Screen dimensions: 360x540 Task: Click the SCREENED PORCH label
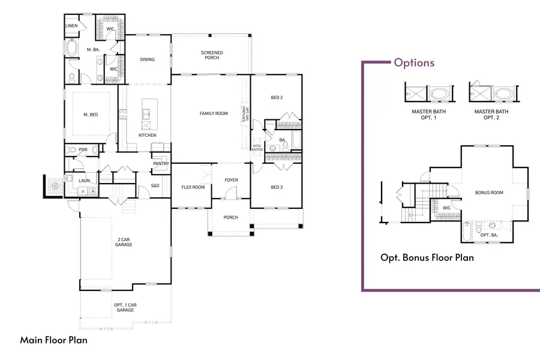(211, 55)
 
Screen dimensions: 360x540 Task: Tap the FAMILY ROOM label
(214, 113)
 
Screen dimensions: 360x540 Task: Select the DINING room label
(147, 59)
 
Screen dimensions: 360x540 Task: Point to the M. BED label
(91, 115)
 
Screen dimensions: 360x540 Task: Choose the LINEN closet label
(71, 26)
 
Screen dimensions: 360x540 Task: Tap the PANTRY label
(160, 163)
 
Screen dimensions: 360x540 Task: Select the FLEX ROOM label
(193, 187)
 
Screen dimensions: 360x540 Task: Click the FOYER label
(231, 180)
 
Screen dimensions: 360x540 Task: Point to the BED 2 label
(277, 97)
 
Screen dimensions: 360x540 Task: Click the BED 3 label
(277, 187)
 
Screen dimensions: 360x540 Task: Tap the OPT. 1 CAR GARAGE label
(124, 307)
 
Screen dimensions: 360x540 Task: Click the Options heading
(414, 62)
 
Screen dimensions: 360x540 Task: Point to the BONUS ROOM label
(489, 193)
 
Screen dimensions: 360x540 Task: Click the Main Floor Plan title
(54, 340)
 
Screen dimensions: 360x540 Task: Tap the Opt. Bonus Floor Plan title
(427, 258)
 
